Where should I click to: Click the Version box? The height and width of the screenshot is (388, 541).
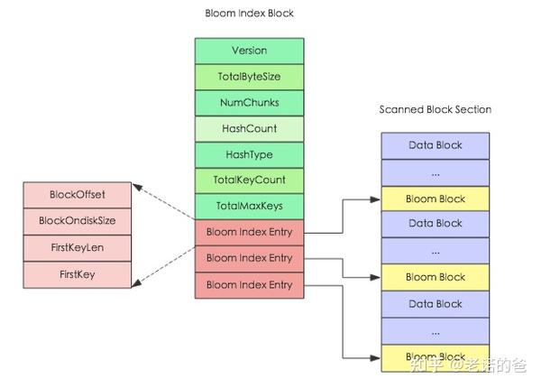coord(249,51)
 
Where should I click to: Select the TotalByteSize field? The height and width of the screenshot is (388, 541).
coord(249,77)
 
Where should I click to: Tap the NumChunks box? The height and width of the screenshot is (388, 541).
coord(249,103)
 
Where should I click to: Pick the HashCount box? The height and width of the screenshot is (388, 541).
coord(249,129)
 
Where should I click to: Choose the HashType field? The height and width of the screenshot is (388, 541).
coord(249,154)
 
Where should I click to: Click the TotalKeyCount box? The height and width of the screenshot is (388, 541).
coord(249,180)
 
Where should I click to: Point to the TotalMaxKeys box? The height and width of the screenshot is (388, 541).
coord(249,207)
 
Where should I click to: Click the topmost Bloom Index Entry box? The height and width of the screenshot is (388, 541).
coord(249,232)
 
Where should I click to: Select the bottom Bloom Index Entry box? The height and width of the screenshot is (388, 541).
coord(249,285)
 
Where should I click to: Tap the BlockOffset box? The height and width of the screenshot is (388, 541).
coord(77,194)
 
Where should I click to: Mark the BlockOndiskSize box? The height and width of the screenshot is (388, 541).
coord(77,220)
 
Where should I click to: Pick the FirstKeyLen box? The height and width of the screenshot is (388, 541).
coord(77,247)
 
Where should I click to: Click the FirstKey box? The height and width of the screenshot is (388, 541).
coord(77,274)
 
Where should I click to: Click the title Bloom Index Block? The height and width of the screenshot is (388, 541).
coord(250,14)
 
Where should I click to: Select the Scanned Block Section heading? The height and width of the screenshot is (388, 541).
coord(435,110)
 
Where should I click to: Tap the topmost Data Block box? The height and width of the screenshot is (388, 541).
coord(435,145)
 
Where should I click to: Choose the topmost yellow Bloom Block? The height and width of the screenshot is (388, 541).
coord(435,199)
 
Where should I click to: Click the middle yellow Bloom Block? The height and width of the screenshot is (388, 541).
coord(435,277)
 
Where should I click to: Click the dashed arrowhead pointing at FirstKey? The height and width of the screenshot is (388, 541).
coord(137,284)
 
